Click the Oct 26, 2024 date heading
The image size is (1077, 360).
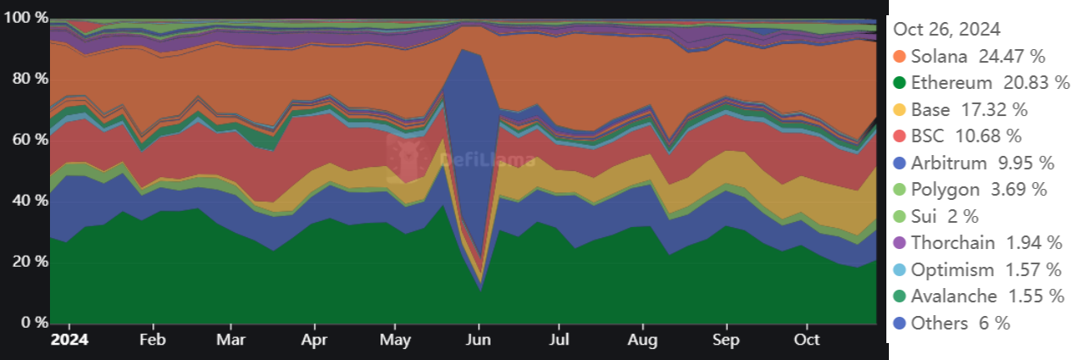pyautogui.click(x=947, y=29)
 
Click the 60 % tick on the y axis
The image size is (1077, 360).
pyautogui.click(x=26, y=140)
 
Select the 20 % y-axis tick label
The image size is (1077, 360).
pyautogui.click(x=26, y=262)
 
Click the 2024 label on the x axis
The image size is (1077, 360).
pyautogui.click(x=70, y=340)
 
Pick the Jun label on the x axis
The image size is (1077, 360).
pyautogui.click(x=479, y=340)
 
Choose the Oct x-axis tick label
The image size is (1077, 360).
pyautogui.click(x=807, y=340)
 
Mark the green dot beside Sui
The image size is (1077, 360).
pyautogui.click(x=900, y=216)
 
